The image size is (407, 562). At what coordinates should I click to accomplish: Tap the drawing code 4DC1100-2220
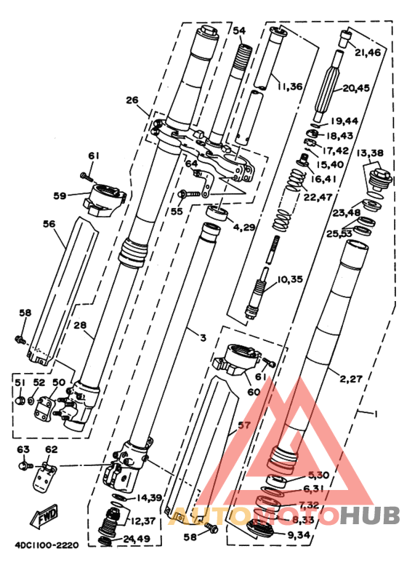(47, 545)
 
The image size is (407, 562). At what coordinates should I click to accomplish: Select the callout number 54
(239, 31)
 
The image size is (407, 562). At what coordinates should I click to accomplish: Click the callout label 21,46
(368, 53)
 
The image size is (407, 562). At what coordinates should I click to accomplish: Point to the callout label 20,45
(356, 88)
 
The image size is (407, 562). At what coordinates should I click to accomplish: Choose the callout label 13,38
(370, 153)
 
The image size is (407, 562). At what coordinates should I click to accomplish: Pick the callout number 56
(49, 224)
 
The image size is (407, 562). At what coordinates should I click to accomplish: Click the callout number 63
(24, 449)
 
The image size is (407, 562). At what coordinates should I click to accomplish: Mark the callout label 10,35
(290, 279)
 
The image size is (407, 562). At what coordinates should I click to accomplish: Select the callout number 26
(132, 100)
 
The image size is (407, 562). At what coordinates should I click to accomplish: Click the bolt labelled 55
(189, 193)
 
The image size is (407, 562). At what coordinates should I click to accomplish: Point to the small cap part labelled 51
(20, 399)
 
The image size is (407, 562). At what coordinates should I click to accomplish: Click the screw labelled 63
(25, 466)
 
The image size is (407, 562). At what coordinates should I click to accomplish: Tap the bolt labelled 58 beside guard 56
(20, 339)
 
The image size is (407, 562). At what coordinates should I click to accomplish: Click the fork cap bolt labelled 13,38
(380, 180)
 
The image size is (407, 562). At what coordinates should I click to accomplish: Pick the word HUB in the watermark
(370, 515)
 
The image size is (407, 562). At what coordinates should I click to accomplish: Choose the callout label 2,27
(352, 378)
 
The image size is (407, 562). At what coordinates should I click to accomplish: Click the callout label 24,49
(137, 539)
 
